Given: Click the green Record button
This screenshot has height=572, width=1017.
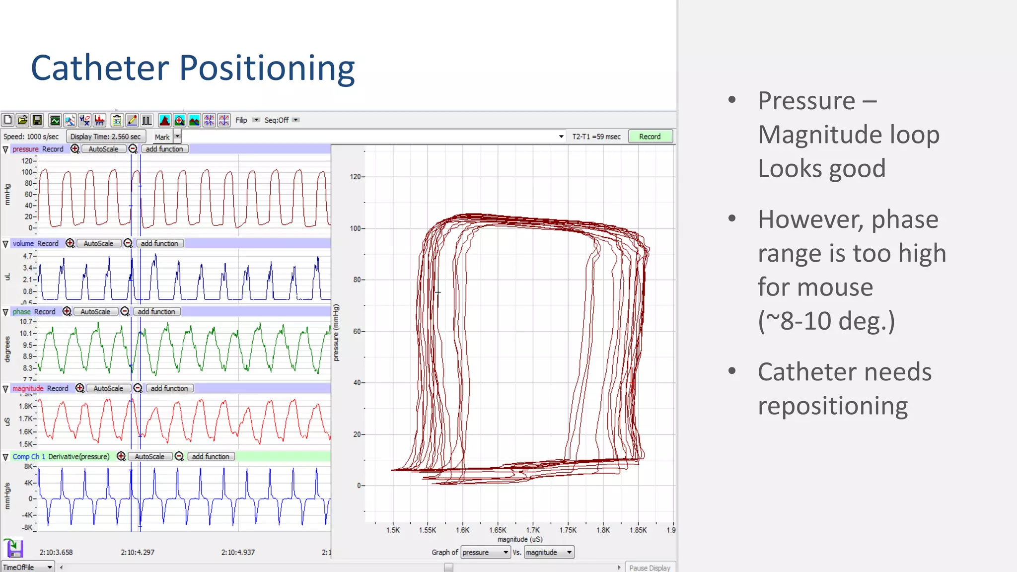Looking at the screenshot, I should point(650,137).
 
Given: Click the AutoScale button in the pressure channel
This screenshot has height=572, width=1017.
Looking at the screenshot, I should point(103,149).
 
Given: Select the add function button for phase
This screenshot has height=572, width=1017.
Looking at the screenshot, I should point(156,312).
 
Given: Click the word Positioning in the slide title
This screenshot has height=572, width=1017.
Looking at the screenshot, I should point(267,68).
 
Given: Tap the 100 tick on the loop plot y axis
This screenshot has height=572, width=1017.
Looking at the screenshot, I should point(355,228).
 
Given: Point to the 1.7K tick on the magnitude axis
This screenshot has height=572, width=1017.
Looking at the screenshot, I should point(532,530).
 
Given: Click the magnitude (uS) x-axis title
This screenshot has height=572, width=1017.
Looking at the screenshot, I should point(520,539).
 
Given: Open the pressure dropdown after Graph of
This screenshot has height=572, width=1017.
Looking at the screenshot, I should point(485,552).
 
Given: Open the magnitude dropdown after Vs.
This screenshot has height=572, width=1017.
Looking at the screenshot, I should point(549,552).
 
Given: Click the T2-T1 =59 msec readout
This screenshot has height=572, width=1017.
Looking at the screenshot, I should point(596,137).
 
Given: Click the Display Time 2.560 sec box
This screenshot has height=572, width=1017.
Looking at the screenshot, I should point(105,137).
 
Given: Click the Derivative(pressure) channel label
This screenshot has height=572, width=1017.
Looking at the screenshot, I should point(78,456).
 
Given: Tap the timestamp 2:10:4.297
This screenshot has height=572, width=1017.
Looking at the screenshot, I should point(138,552).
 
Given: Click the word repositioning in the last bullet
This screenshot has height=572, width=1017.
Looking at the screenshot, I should point(832,406).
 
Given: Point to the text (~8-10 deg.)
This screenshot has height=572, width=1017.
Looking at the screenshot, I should point(826,321).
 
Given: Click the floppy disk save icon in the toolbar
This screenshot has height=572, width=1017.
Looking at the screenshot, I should point(37,120).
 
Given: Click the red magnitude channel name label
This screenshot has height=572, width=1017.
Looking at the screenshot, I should point(28,388).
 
